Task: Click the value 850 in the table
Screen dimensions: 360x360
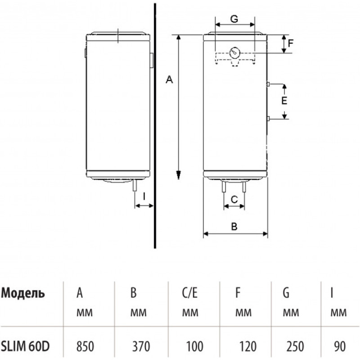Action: [85, 346]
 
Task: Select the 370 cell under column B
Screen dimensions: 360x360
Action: [141, 346]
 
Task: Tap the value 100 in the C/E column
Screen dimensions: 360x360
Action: [194, 346]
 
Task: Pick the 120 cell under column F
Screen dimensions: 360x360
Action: [248, 346]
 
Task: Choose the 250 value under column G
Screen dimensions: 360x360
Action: [295, 346]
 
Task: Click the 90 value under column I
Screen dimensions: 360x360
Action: [340, 346]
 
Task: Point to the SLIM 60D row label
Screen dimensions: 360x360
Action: [25, 346]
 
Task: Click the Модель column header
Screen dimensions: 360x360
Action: [23, 294]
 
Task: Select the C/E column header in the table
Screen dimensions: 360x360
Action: [189, 293]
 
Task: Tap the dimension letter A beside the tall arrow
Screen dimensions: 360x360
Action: [169, 80]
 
